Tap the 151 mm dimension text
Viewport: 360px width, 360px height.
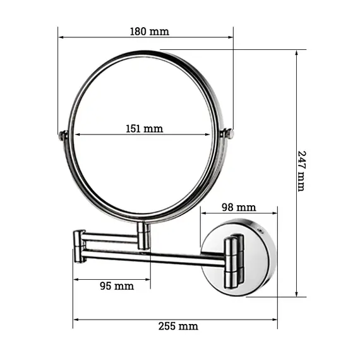[x=144, y=129]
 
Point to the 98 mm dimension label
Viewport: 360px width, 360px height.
[x=239, y=207]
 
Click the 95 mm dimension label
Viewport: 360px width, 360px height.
[x=117, y=285]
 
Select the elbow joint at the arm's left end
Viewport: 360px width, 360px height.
[x=79, y=246]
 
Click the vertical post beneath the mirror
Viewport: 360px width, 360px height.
[x=144, y=234]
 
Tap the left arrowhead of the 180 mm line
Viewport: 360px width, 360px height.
[x=61, y=37]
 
